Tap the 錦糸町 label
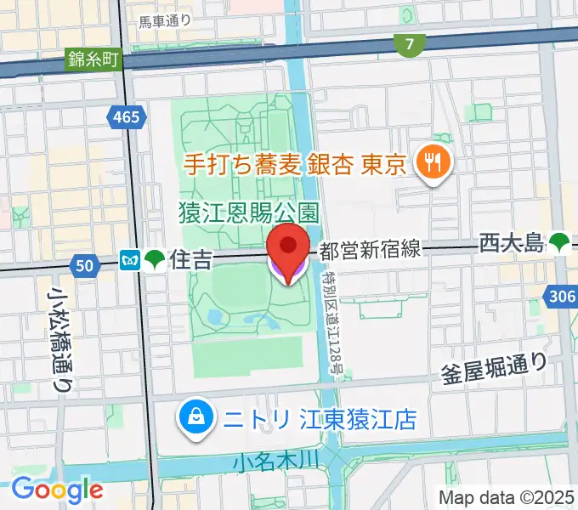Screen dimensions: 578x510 click(94, 60)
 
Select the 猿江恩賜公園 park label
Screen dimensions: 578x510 click(248, 211)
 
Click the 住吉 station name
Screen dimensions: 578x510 click(190, 259)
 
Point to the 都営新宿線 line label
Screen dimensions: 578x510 click(370, 250)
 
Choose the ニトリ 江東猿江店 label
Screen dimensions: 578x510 click(319, 418)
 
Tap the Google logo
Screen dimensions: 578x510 click(57, 489)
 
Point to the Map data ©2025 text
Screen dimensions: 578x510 click(507, 497)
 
